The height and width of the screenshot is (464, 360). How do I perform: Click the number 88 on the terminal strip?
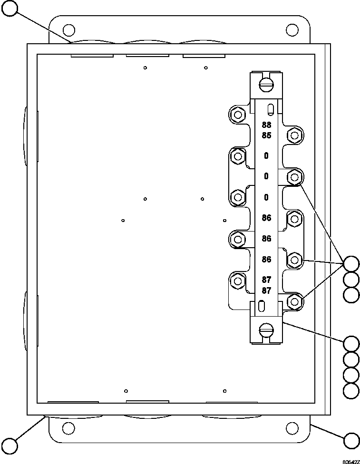point(266,126)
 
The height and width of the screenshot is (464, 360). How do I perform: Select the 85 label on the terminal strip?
point(266,136)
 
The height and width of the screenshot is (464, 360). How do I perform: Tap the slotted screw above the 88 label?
point(266,85)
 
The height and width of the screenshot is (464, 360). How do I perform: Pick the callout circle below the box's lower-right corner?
point(351,440)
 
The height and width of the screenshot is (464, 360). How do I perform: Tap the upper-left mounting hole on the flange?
point(68,30)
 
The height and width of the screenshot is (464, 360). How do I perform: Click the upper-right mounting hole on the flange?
point(292,30)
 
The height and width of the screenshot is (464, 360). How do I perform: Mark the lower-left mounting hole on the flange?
point(68,427)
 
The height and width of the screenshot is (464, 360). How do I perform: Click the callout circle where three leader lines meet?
point(351,264)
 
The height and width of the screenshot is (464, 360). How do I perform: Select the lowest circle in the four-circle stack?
point(351,391)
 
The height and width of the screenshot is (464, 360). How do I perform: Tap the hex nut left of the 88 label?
point(236,115)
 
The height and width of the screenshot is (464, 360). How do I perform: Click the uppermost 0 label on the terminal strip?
point(266,155)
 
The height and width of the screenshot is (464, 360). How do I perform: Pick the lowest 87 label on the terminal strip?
point(266,290)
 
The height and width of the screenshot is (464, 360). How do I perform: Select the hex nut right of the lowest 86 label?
point(294,260)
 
